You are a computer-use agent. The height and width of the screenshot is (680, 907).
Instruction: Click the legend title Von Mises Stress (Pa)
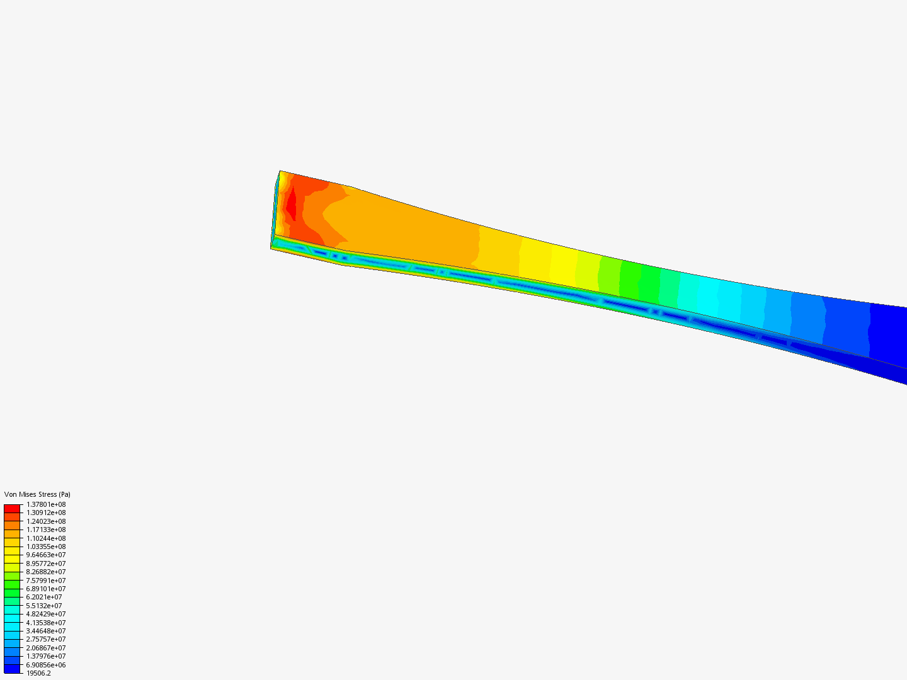(x=37, y=494)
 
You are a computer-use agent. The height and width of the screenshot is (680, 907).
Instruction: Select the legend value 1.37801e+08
(x=46, y=504)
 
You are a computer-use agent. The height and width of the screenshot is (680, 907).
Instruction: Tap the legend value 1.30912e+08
(x=46, y=513)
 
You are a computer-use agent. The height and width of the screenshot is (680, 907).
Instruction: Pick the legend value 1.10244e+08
(x=46, y=538)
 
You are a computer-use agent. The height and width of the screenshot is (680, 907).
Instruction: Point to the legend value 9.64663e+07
(x=46, y=555)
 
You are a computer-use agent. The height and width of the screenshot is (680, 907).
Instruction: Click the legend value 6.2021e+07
(x=44, y=597)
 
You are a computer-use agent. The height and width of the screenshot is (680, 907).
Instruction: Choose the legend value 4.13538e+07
(x=46, y=623)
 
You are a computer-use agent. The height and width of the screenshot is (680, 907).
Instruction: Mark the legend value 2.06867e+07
(x=46, y=649)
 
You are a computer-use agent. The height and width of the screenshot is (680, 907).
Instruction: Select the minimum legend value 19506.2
(x=38, y=674)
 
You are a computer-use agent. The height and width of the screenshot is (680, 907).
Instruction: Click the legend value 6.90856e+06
(x=46, y=665)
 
